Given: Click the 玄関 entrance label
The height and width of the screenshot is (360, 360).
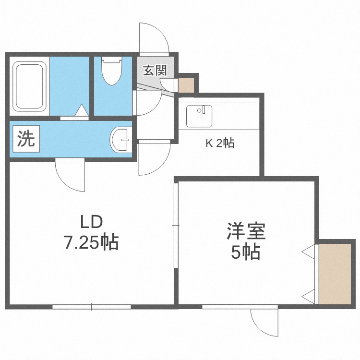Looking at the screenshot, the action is click(x=155, y=70).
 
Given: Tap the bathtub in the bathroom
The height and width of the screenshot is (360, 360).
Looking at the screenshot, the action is click(x=29, y=86).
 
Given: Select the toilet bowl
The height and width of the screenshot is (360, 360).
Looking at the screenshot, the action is click(x=111, y=71).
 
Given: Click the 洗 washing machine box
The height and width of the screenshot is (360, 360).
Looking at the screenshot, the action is click(x=26, y=138).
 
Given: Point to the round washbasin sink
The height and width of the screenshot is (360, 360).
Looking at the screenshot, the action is click(x=121, y=140).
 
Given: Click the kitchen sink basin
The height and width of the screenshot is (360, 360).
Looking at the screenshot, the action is click(x=199, y=116).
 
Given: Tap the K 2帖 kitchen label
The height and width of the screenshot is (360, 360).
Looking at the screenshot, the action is click(x=220, y=143).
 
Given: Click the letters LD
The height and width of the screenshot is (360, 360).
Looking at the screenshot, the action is click(x=91, y=222).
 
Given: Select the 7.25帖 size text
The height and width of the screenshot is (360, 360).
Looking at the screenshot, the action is click(x=91, y=242).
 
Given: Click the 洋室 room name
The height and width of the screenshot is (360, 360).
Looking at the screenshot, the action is click(x=246, y=231).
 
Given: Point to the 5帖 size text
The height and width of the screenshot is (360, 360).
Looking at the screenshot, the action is click(x=245, y=252).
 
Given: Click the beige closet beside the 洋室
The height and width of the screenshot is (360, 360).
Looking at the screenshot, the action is click(x=335, y=274).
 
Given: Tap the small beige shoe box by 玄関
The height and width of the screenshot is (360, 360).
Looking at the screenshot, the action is click(x=186, y=85).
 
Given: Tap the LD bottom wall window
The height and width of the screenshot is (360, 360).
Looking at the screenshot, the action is click(x=92, y=307).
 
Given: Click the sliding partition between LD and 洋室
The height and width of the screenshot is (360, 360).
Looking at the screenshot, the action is click(x=176, y=226).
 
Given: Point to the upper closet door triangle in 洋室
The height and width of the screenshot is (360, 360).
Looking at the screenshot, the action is click(x=308, y=252).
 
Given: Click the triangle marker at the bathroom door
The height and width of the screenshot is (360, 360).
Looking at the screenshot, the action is click(x=82, y=110).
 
